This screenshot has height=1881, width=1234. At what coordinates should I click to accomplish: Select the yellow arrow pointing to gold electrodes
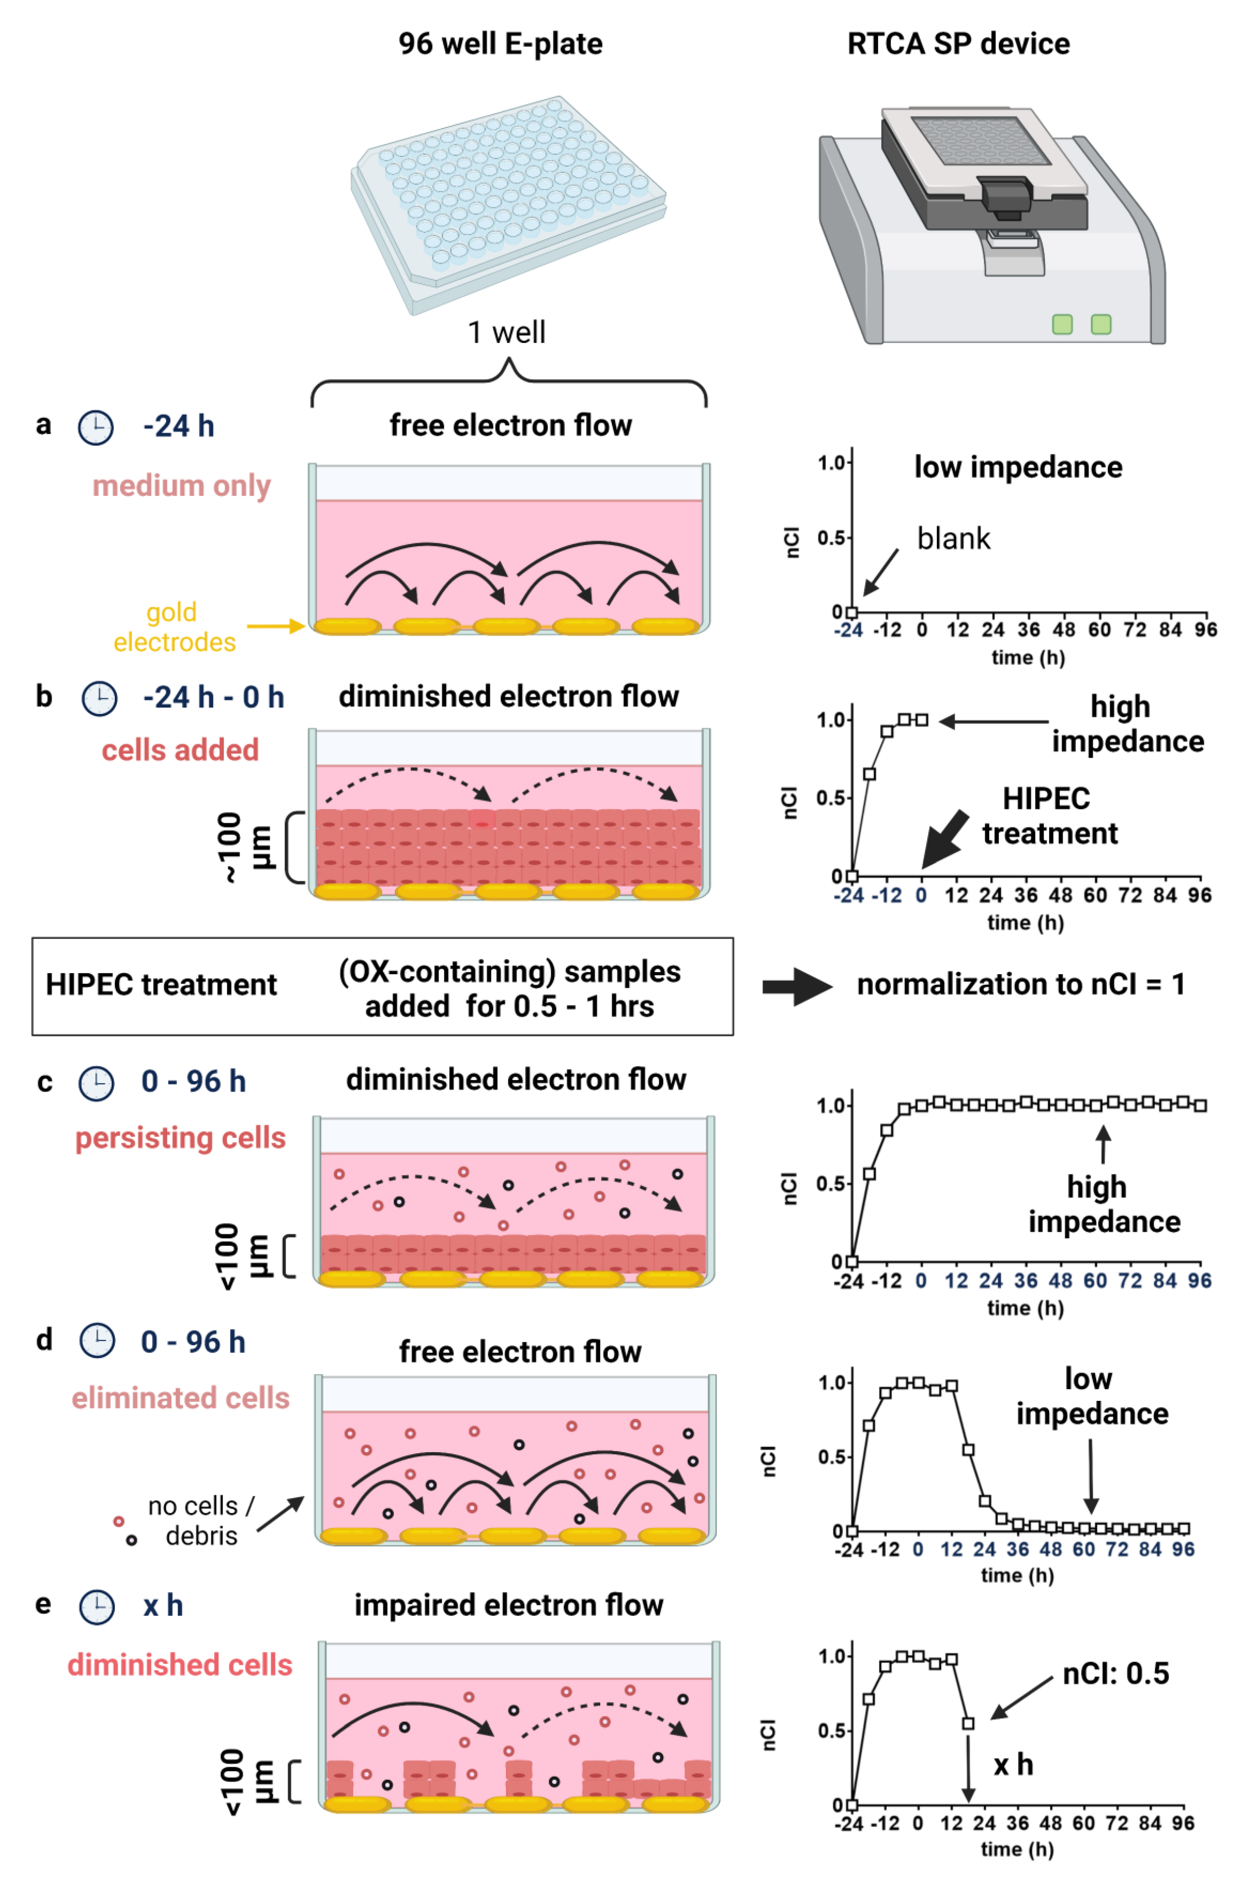click(275, 626)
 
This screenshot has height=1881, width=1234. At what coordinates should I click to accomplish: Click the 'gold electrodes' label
click(174, 627)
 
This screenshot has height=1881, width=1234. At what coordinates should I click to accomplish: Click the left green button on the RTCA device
click(1062, 324)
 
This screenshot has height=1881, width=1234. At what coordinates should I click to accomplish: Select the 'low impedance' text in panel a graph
click(1017, 467)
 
